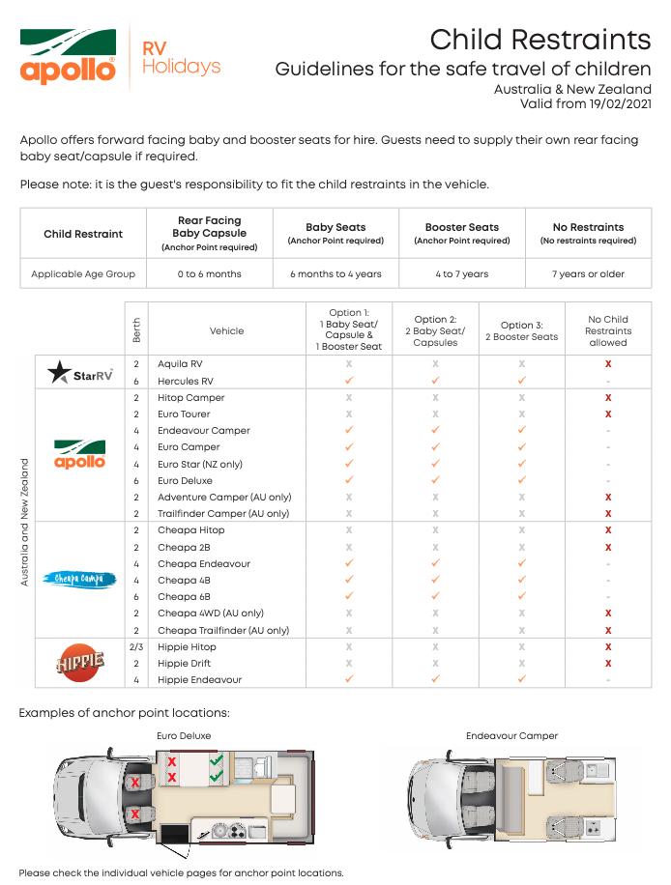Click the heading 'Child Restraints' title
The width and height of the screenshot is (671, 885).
click(540, 40)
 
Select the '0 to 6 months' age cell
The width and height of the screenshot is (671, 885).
click(209, 274)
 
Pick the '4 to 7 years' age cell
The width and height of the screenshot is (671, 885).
click(462, 274)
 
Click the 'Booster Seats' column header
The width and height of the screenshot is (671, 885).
click(462, 227)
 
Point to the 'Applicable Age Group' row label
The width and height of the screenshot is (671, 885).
click(83, 274)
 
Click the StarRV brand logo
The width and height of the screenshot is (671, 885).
click(80, 373)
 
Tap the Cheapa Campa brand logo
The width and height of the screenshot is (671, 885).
click(79, 580)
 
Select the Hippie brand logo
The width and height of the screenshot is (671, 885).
click(80, 663)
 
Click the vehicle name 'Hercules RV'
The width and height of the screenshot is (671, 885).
click(186, 382)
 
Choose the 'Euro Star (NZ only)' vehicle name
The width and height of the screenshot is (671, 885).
click(200, 464)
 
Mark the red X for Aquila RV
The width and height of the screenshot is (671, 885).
click(608, 364)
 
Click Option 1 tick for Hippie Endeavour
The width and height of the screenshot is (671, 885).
click(349, 679)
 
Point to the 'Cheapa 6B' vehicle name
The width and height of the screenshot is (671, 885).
click(184, 597)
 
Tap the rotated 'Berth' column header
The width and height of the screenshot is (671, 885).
click(136, 330)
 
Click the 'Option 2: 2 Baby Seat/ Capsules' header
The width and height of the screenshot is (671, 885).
click(435, 330)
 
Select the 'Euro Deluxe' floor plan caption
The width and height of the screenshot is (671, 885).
click(184, 736)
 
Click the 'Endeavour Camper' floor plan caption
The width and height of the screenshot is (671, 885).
click(511, 736)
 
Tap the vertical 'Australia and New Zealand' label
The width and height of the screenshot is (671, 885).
click(26, 522)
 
